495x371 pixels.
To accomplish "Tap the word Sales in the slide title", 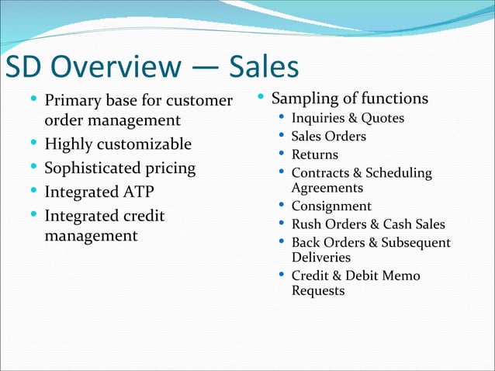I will [263, 68].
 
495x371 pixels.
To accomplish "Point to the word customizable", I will [144, 145].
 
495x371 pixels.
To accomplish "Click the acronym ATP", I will [137, 192].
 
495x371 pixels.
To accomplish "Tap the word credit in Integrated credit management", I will [144, 215].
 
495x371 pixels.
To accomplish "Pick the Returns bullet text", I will [314, 155].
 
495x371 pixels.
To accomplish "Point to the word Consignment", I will [331, 206].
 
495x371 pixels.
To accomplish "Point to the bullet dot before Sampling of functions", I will [261, 98].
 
